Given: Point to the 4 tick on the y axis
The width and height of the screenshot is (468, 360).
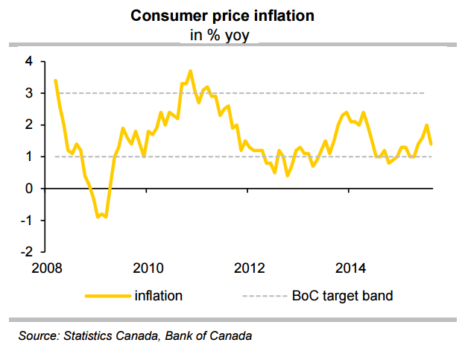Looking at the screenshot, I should click(x=28, y=61).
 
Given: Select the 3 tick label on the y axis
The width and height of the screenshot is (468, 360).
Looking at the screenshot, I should click(x=28, y=93).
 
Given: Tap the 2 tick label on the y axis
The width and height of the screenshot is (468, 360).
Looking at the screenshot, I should click(x=28, y=125).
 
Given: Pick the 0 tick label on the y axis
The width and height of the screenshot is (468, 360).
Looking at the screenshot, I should click(x=28, y=189).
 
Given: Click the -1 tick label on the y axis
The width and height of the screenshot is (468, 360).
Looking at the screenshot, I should click(x=26, y=221).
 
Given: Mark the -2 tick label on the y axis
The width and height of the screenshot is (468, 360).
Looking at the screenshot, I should click(x=26, y=253).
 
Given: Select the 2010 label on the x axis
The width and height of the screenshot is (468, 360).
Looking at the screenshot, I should click(x=147, y=268).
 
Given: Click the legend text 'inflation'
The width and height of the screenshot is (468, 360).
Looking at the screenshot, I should click(x=158, y=296).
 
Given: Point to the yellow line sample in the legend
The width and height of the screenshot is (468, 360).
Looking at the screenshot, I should click(x=107, y=296).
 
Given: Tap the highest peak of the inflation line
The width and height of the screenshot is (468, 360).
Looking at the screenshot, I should click(x=190, y=71).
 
